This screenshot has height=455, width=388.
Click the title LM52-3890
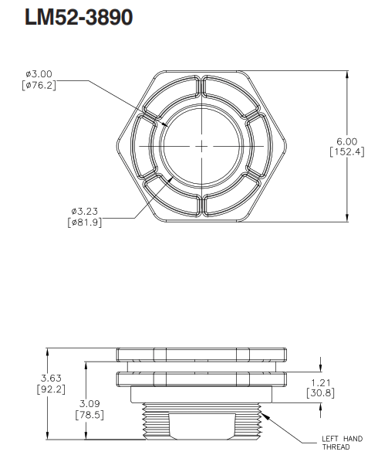pos(79,19)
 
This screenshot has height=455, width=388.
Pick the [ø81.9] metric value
pos(83,222)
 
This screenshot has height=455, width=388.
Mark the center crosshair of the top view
pos(202,146)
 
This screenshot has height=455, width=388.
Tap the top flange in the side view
pos(202,355)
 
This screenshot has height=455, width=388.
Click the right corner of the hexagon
pos(288,146)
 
